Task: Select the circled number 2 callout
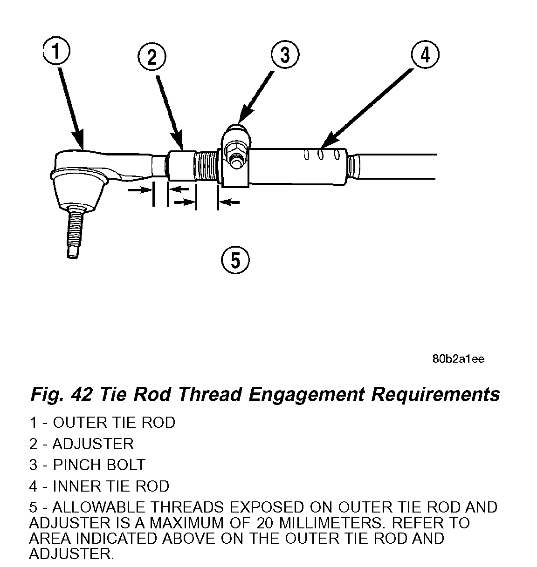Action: (152, 58)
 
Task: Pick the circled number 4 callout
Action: (425, 55)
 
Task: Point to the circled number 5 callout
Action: (235, 260)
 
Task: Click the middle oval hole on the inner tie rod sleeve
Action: (321, 154)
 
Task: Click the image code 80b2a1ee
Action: (458, 359)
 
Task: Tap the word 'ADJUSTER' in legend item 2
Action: (93, 444)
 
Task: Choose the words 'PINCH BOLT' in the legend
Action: (99, 465)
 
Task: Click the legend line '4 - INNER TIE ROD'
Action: (99, 486)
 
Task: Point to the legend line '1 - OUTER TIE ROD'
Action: (102, 423)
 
